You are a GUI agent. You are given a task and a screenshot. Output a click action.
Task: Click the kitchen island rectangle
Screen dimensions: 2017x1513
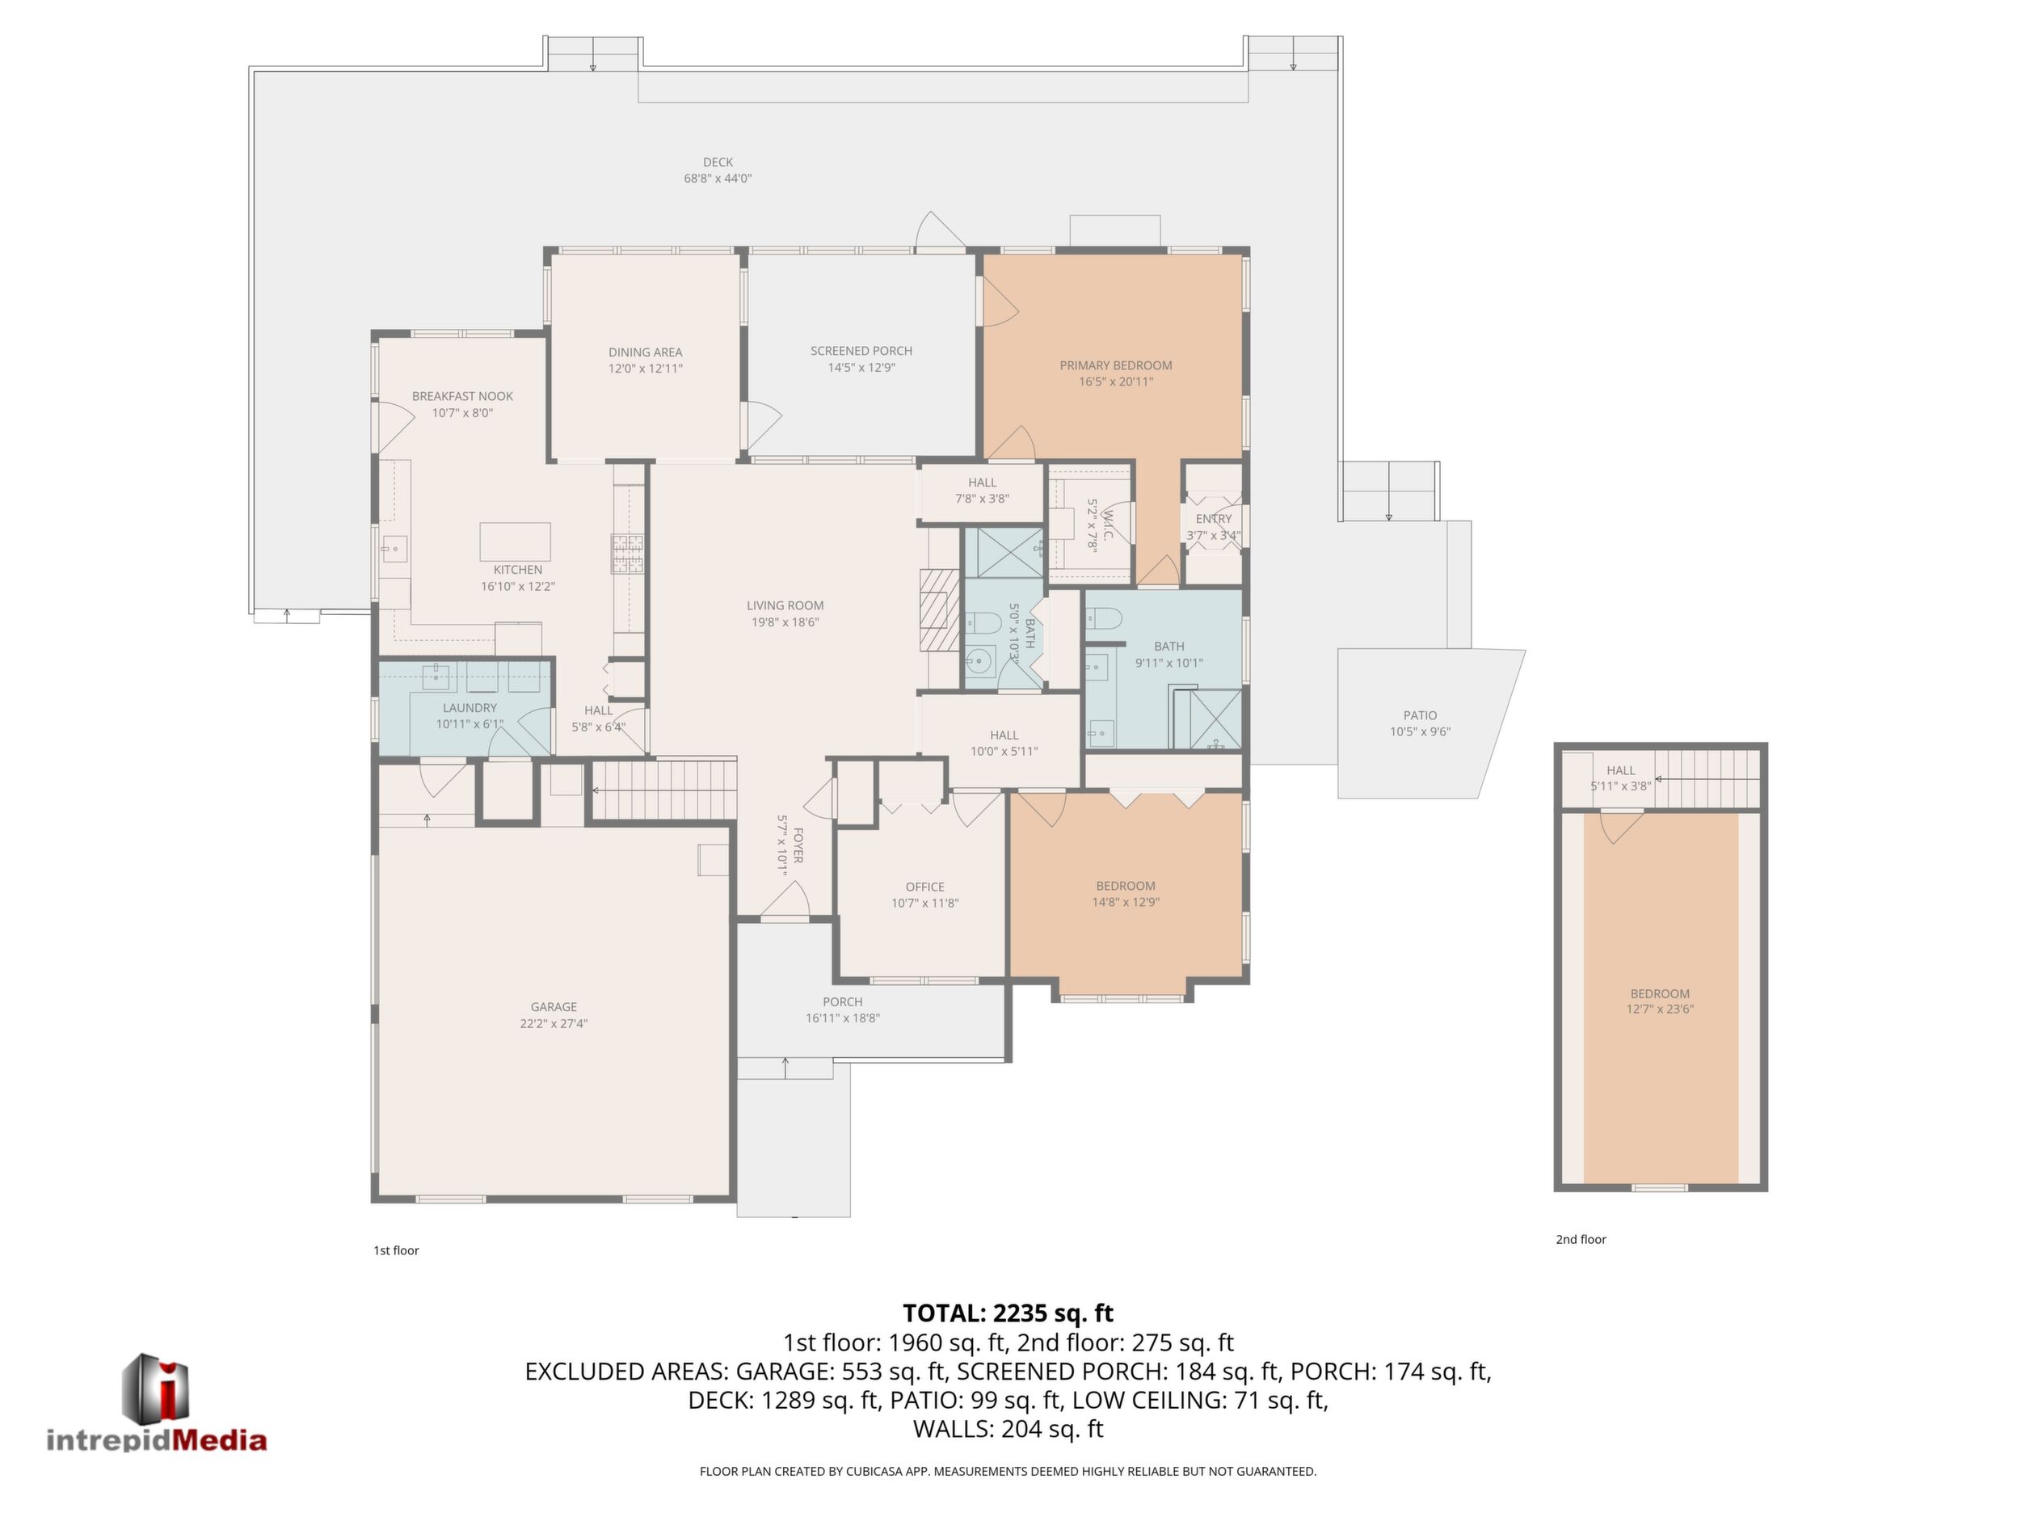(516, 542)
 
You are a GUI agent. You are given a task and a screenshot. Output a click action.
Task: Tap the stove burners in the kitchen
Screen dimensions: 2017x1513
(627, 554)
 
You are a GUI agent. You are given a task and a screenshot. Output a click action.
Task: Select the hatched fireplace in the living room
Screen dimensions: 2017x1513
(939, 610)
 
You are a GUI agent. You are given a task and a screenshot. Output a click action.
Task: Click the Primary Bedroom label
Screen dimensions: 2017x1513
(1116, 365)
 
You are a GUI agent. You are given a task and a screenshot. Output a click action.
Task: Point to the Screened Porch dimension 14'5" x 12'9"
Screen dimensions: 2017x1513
(861, 368)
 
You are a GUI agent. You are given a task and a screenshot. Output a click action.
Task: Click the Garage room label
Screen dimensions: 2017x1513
(554, 1007)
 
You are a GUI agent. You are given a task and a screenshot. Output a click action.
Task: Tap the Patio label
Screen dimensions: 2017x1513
(1420, 716)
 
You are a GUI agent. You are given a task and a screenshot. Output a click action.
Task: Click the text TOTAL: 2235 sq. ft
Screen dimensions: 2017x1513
(1008, 1313)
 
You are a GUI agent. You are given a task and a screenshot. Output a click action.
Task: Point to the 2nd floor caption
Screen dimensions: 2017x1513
(1581, 1239)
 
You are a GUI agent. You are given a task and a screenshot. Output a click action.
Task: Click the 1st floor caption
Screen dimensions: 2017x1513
(396, 1250)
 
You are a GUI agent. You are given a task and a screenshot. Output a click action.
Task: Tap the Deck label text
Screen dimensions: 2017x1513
(718, 162)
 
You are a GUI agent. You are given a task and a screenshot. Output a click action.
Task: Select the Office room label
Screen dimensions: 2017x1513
(924, 887)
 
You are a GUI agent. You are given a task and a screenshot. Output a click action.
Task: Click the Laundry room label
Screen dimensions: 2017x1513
(470, 708)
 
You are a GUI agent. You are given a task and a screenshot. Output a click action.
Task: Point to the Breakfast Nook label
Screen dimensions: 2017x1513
(462, 396)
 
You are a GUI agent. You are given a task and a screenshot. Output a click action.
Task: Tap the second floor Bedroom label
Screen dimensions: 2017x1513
(1660, 993)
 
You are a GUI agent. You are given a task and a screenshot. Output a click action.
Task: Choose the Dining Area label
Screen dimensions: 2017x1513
(646, 352)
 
